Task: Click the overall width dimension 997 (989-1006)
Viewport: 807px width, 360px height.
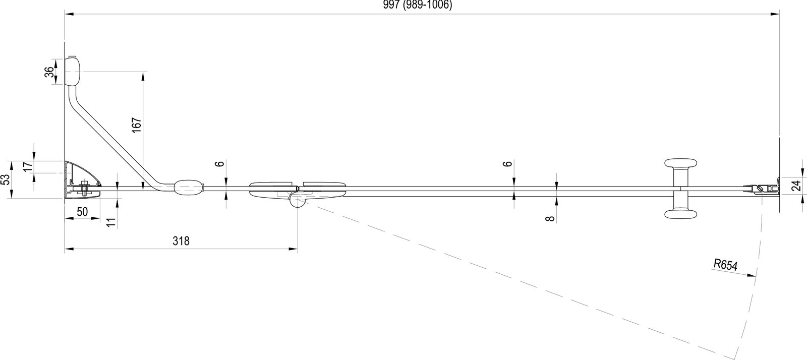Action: (417, 6)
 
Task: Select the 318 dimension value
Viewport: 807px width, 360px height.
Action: (181, 241)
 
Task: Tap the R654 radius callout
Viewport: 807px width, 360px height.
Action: (726, 265)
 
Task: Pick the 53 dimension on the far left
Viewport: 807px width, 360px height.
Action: (6, 180)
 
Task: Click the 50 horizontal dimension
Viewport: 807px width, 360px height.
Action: (83, 212)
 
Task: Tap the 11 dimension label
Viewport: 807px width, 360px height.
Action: (112, 222)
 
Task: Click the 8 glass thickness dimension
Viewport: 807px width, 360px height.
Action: (549, 218)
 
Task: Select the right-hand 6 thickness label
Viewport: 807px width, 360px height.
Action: (507, 164)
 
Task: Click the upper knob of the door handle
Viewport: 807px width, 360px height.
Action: (680, 163)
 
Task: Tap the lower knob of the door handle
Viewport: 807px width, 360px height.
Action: (680, 214)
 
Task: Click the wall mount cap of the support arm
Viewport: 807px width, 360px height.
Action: (73, 71)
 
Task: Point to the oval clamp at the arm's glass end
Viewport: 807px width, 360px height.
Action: (189, 188)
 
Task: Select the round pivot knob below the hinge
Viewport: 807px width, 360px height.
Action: (298, 202)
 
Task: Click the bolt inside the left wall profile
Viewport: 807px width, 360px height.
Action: (84, 188)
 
